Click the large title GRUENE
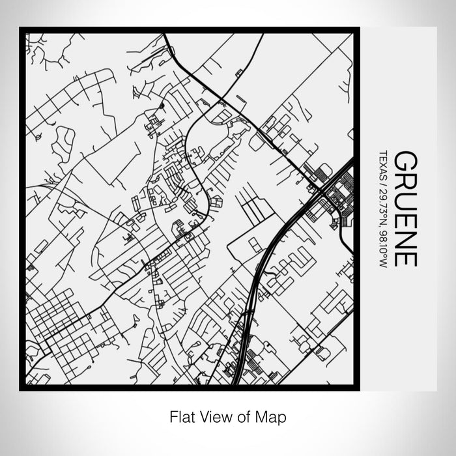pyautogui.click(x=406, y=208)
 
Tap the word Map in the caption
pyautogui.click(x=274, y=415)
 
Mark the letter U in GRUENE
pyautogui.click(x=406, y=199)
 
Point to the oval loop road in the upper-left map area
pyautogui.click(x=63, y=140)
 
